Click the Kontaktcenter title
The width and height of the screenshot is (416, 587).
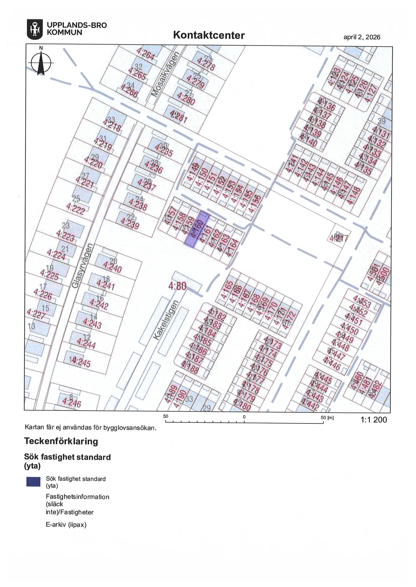coord(209,35)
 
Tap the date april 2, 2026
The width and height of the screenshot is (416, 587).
coord(362,37)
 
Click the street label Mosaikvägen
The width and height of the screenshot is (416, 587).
coord(165,74)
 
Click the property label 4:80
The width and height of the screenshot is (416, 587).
coord(177,286)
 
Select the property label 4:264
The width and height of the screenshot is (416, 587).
coord(145,54)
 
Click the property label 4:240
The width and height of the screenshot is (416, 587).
coord(112,267)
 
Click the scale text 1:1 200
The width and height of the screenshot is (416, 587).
coord(373,420)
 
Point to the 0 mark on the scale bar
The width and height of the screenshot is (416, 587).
coord(244,417)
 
